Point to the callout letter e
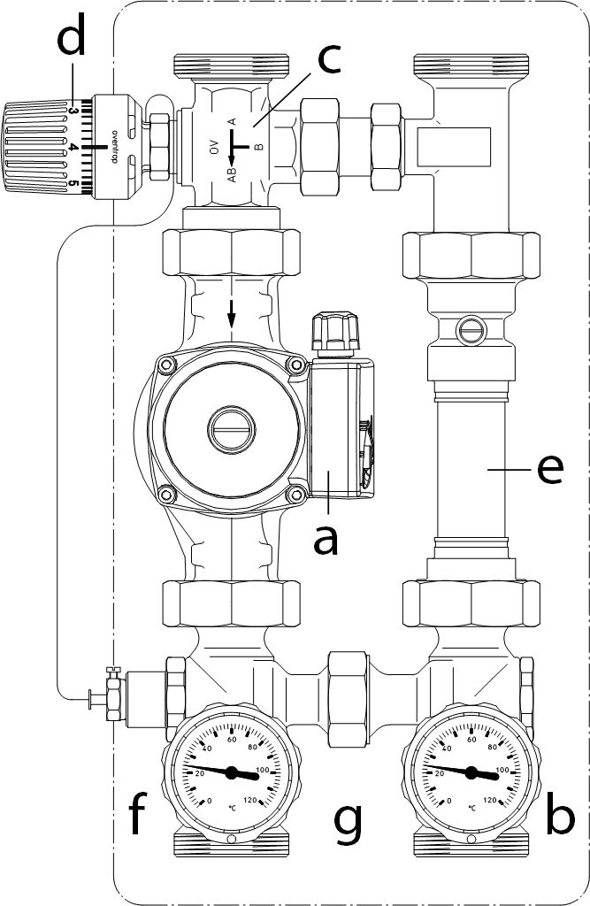pos(550,470)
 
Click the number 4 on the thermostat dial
pos(73,148)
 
